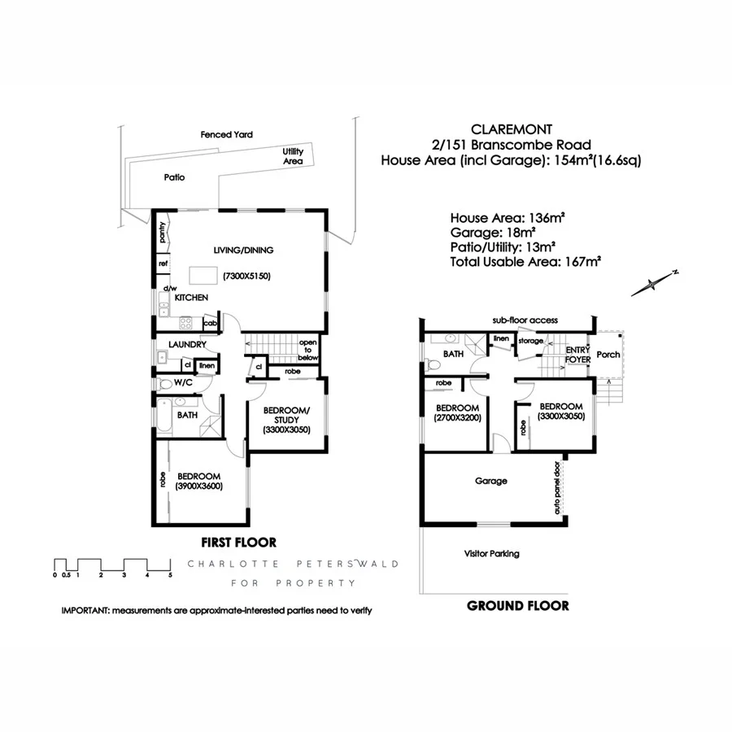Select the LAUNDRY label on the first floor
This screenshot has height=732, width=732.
click(x=187, y=345)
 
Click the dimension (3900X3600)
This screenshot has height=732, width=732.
click(x=198, y=486)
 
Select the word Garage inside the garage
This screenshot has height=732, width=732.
click(x=491, y=481)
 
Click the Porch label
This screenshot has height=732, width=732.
click(x=608, y=355)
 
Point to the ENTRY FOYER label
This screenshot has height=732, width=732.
click(x=577, y=354)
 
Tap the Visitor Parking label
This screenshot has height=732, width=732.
click(x=491, y=554)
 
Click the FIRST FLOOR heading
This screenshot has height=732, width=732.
click(x=238, y=542)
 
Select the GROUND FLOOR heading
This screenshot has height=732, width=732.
click(x=517, y=605)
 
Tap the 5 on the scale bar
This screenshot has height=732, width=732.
click(x=170, y=575)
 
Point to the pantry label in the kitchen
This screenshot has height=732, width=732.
click(x=163, y=233)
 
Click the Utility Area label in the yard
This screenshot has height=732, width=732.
click(x=293, y=156)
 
